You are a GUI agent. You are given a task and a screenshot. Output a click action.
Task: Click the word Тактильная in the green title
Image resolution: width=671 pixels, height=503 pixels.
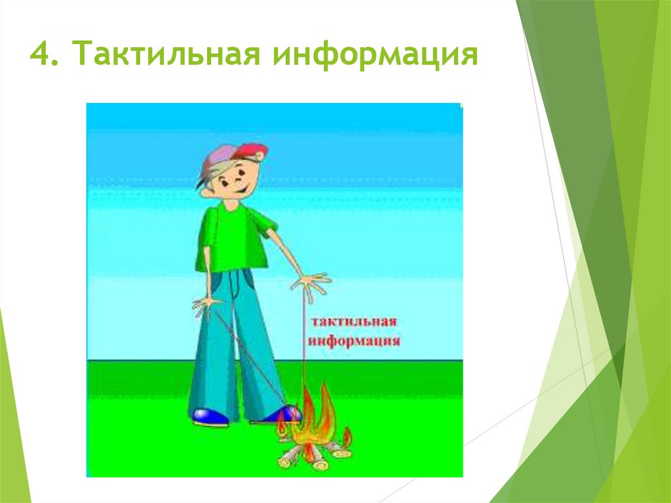tap(166, 52)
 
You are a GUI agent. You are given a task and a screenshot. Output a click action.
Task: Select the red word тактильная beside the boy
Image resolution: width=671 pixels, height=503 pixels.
tap(353, 321)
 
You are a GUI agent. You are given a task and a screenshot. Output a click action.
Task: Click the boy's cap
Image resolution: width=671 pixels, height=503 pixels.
tap(231, 159)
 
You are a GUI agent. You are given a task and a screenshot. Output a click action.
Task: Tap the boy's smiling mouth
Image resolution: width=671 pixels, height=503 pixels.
tap(242, 188)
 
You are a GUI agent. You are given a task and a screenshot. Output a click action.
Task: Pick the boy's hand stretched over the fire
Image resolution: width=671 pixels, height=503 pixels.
tap(310, 283)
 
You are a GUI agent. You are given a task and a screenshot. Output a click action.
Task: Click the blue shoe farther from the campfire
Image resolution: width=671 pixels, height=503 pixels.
tap(210, 417)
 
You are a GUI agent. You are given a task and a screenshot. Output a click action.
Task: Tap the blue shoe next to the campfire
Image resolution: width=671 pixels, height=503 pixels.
tap(278, 414)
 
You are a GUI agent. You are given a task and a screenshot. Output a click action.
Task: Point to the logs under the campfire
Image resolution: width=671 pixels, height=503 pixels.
tap(315, 455)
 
